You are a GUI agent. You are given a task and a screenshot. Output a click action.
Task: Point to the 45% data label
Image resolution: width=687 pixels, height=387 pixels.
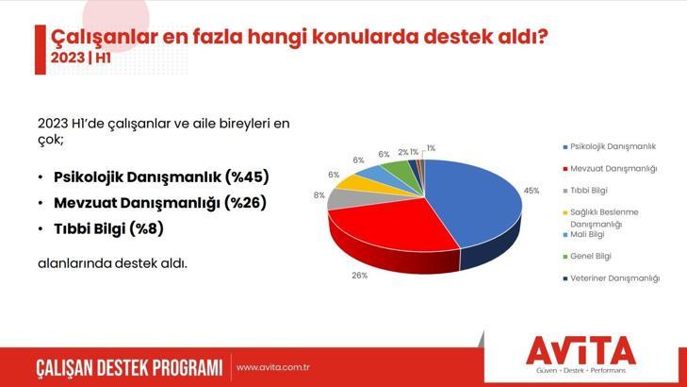tap(532, 191)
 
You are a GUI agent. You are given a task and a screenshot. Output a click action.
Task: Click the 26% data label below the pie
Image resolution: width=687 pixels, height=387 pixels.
tap(359, 276)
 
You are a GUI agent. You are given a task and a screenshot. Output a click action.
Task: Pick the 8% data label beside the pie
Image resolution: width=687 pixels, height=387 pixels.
tap(319, 195)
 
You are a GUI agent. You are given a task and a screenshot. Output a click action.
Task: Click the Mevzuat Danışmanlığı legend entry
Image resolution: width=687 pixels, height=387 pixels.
tap(613, 169)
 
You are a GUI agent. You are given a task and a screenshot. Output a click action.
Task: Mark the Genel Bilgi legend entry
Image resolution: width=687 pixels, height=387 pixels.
tap(591, 256)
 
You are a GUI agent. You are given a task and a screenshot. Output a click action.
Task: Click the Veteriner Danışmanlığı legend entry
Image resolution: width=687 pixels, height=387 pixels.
tap(614, 278)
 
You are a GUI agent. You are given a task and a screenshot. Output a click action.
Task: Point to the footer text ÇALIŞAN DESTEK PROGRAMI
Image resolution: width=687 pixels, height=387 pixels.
tap(128, 367)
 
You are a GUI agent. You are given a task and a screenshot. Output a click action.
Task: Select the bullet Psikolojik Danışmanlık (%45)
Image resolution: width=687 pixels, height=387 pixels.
tap(160, 177)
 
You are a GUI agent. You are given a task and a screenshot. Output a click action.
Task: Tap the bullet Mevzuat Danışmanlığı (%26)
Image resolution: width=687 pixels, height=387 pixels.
tap(160, 202)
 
